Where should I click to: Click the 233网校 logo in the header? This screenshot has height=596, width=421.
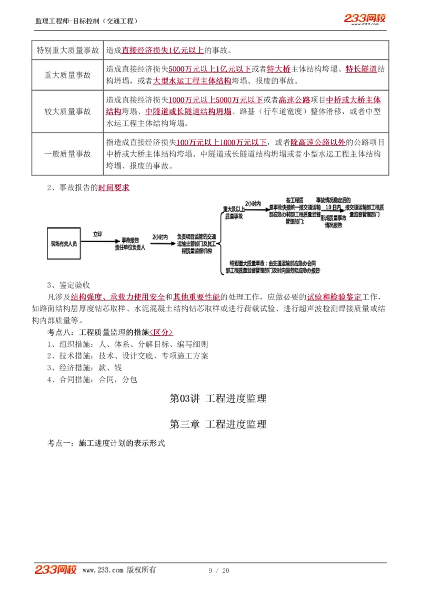tap(365, 19)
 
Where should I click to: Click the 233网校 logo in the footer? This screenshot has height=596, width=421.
tap(56, 570)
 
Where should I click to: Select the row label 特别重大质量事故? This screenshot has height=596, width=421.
tap(67, 51)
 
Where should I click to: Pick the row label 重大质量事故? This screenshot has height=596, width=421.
tap(67, 75)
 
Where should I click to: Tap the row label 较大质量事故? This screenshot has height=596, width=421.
tap(67, 112)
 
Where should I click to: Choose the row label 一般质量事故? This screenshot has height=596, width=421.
tap(67, 154)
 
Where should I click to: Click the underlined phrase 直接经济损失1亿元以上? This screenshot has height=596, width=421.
tap(163, 51)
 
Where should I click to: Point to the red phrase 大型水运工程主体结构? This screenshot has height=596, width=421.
tap(192, 82)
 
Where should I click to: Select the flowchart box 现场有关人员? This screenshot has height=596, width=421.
tap(64, 244)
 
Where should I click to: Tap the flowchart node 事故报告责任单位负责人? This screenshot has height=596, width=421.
tap(131, 243)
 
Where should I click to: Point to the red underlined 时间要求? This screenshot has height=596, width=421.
tap(114, 188)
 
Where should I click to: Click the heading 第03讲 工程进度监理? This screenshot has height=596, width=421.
tap(218, 399)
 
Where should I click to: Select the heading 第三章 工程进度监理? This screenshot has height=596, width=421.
tap(218, 424)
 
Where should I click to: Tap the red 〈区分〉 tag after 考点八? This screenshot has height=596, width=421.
tap(161, 332)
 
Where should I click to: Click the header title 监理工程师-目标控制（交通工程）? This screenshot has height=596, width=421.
tap(86, 21)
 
